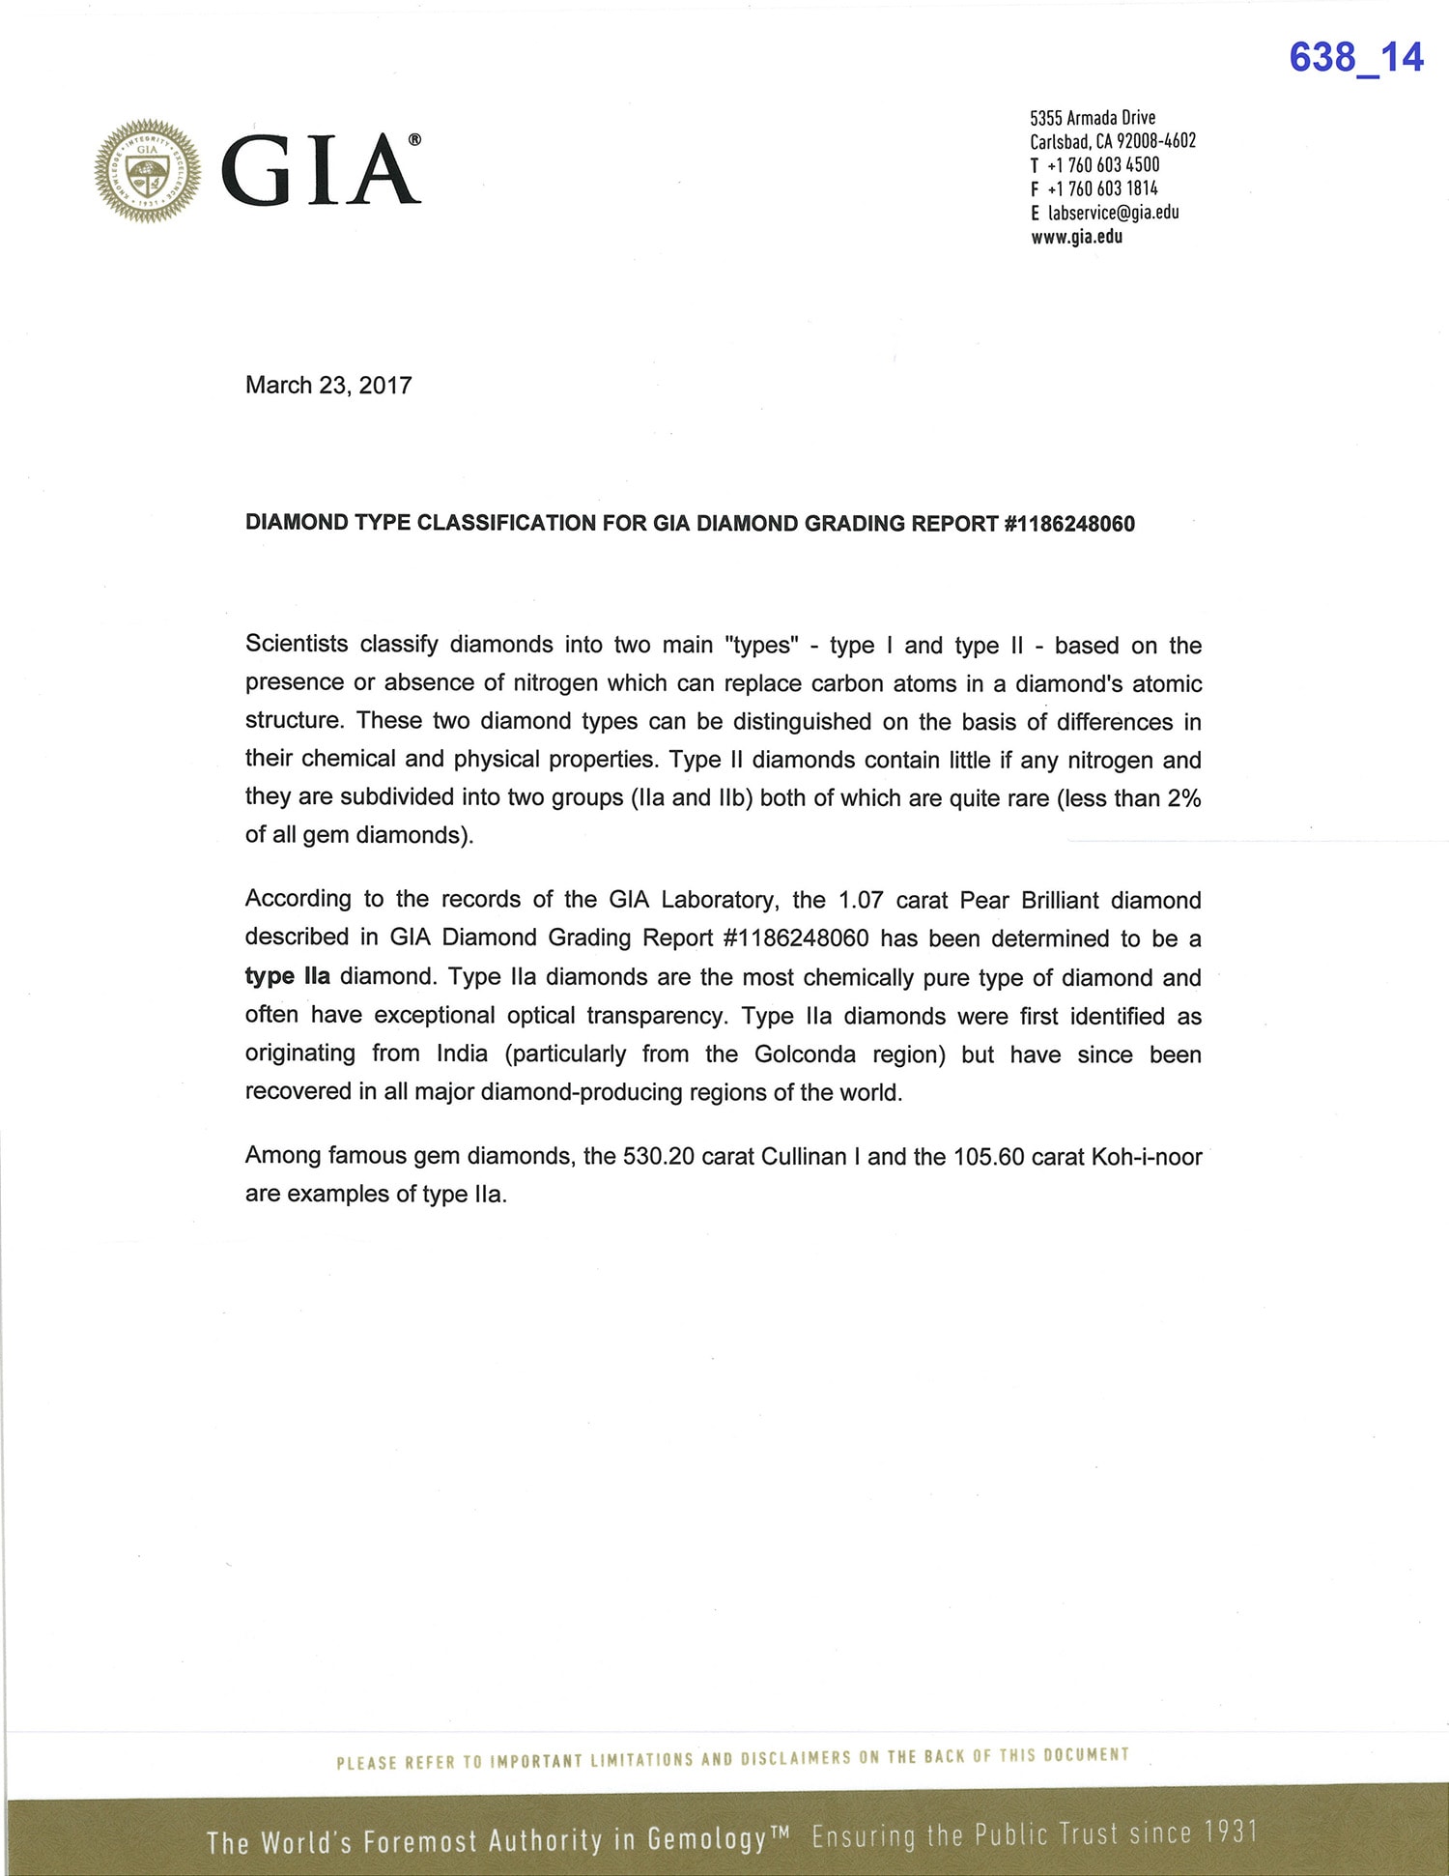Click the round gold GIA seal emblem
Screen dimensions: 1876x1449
[x=148, y=171]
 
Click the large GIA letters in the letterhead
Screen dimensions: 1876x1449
[x=321, y=170]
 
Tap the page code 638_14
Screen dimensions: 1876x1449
[x=1355, y=57]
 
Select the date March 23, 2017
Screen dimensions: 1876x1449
[x=328, y=386]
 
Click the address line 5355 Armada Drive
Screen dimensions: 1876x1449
[x=1093, y=118]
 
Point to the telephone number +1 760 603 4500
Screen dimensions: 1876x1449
[x=1103, y=165]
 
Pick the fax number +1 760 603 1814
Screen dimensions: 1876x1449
[x=1102, y=189]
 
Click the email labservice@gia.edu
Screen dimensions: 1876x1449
[x=1113, y=213]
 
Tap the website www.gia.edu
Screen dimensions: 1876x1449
[x=1076, y=237]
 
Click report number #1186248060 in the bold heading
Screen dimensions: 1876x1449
[x=1069, y=524]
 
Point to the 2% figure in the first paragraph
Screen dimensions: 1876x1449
[x=1184, y=798]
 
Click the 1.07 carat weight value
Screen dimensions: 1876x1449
[x=861, y=900]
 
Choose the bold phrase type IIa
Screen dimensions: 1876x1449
[x=287, y=976]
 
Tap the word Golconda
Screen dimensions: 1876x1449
[x=805, y=1053]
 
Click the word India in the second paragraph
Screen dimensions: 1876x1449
[x=462, y=1053]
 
